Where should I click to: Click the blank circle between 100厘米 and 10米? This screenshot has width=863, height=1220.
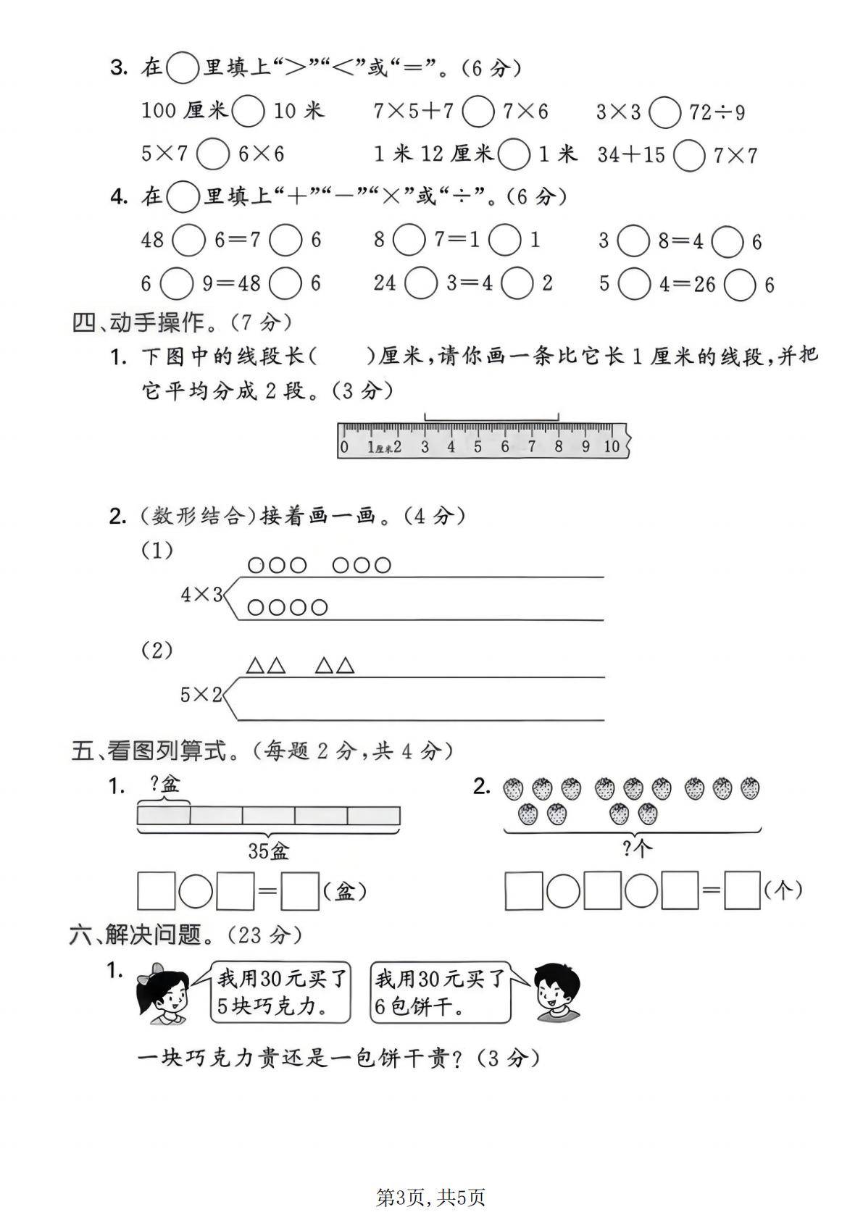tap(250, 112)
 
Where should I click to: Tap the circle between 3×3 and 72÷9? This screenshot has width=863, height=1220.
tap(664, 113)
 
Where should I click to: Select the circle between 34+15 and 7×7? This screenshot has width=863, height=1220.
tap(688, 156)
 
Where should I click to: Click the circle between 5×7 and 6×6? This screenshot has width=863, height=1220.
tap(213, 154)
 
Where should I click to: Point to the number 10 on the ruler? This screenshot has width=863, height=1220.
tap(612, 447)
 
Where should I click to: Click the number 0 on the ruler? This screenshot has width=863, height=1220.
tap(344, 447)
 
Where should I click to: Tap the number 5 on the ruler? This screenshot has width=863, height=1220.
tap(478, 447)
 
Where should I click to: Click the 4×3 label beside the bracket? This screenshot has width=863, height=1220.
tap(201, 596)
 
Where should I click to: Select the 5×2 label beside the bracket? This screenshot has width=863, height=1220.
tap(201, 695)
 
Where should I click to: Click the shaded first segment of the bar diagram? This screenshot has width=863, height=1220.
tap(164, 816)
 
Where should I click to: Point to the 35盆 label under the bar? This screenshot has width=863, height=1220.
tap(269, 851)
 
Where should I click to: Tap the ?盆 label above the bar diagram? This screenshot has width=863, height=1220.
tap(164, 784)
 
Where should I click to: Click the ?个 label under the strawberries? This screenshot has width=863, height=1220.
tap(638, 848)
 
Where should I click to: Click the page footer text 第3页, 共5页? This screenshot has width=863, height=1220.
tap(430, 1198)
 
